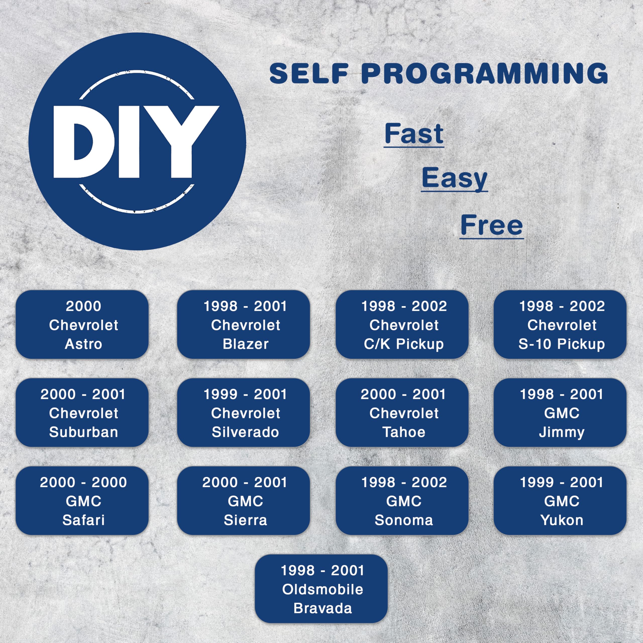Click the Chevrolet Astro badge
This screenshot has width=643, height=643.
[82, 324]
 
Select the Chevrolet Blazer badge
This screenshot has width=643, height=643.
[243, 324]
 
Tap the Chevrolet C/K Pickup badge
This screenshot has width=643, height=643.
[402, 324]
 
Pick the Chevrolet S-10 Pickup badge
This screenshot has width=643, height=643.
[560, 324]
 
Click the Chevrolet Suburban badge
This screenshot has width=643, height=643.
[82, 412]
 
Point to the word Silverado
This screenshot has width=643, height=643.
[245, 432]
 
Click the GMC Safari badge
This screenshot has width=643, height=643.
[82, 501]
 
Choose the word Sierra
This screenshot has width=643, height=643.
[245, 520]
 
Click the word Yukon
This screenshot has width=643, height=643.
[562, 520]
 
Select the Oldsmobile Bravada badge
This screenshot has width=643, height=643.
[321, 589]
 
